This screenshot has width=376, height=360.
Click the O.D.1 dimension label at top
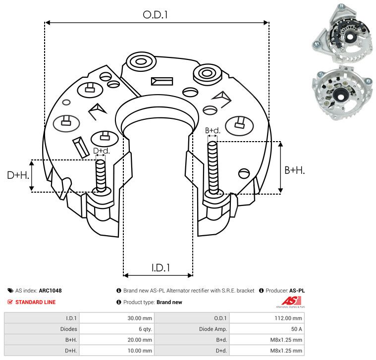[156, 15]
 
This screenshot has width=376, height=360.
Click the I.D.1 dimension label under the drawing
[161, 268]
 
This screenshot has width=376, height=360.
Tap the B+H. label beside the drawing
[294, 170]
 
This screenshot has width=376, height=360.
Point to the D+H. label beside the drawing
[18, 175]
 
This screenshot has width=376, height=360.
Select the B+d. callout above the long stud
[213, 131]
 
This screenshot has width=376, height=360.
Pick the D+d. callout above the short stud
[101, 151]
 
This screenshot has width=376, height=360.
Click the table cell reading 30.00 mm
[140, 318]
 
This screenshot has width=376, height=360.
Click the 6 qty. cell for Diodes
[144, 329]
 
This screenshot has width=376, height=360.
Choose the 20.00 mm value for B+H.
[140, 340]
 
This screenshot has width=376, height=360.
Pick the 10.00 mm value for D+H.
[140, 351]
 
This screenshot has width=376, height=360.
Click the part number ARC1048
[50, 291]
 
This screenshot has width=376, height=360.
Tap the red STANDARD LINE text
[35, 302]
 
